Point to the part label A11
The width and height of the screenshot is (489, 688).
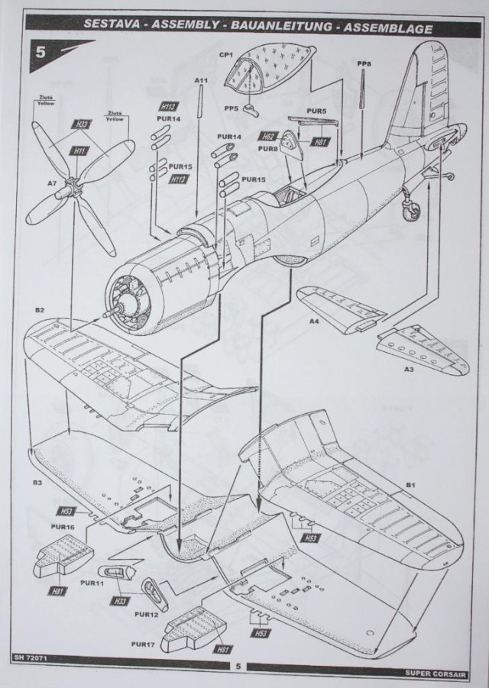tap(201, 79)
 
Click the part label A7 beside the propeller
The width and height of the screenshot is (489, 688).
tap(52, 184)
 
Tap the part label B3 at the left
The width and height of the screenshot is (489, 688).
tap(37, 483)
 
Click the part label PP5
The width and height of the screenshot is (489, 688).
tap(231, 108)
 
